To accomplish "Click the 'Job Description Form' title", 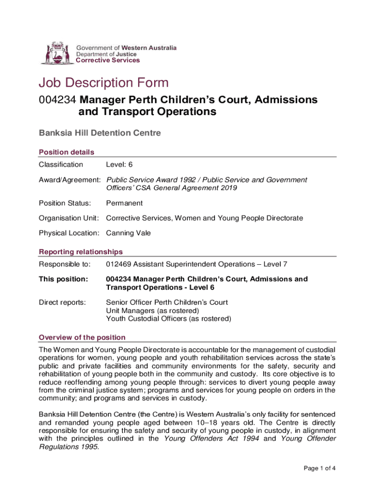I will (x=104, y=83).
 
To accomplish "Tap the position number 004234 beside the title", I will (x=57, y=100).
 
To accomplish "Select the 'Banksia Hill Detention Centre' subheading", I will (x=100, y=132).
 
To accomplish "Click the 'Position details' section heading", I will (x=66, y=152).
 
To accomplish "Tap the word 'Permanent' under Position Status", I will (x=124, y=203).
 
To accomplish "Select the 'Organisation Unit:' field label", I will (x=69, y=218).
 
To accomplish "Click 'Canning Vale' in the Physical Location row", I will (x=128, y=233).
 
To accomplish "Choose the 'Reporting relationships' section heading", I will (x=80, y=252).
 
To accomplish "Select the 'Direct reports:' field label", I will (x=63, y=302).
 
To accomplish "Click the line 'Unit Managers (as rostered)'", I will (x=152, y=311).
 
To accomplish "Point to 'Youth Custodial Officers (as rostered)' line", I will (x=169, y=319).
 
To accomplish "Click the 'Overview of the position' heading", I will (x=82, y=337).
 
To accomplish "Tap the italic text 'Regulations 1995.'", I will (x=69, y=447).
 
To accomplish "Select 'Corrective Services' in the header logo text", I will (x=108, y=61).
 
